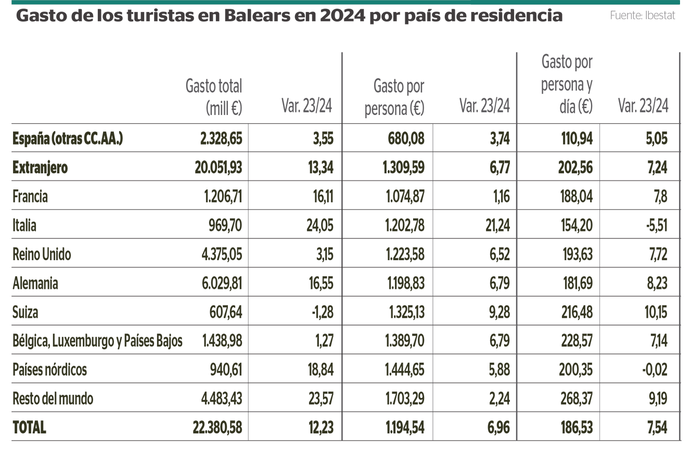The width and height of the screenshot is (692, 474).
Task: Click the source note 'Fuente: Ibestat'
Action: (x=642, y=16)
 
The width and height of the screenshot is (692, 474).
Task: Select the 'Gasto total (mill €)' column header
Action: (x=214, y=97)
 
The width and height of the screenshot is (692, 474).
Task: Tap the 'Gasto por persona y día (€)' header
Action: (x=567, y=84)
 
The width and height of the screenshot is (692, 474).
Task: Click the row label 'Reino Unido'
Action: (x=42, y=254)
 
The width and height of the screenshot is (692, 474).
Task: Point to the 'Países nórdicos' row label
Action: (x=49, y=370)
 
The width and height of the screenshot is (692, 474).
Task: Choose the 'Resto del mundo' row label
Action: (x=53, y=399)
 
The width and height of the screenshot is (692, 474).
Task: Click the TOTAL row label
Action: (x=29, y=428)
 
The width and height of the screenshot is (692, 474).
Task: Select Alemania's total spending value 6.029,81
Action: (x=222, y=284)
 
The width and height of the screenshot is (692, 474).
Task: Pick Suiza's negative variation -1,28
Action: (x=320, y=312)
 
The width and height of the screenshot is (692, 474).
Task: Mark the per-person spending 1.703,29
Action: (x=405, y=399)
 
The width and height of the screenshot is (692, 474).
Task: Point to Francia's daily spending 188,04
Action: (x=575, y=197)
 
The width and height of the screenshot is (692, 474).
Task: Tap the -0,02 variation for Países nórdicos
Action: (x=655, y=370)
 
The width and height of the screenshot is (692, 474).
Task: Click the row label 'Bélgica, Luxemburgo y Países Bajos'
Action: (x=97, y=341)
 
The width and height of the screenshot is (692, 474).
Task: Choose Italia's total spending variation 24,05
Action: (x=319, y=226)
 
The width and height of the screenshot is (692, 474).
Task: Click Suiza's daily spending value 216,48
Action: (x=575, y=312)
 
